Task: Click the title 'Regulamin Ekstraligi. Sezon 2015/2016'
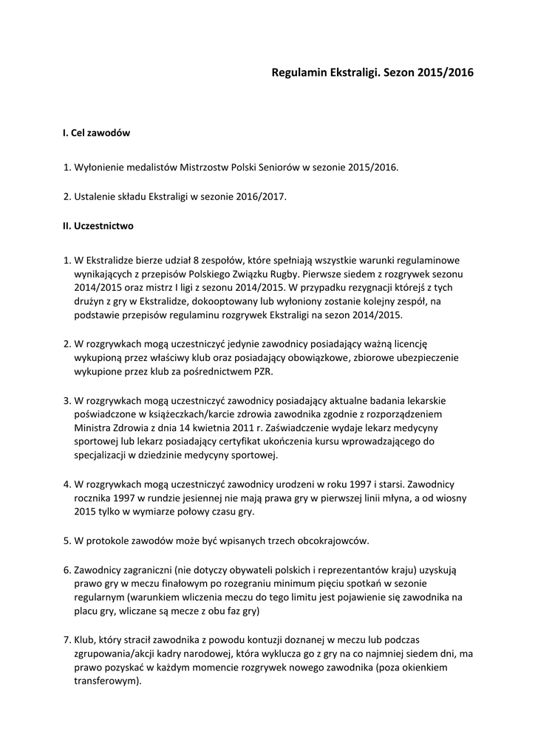click(372, 73)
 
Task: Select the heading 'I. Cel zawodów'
click(97, 133)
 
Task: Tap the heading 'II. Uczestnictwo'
click(98, 226)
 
